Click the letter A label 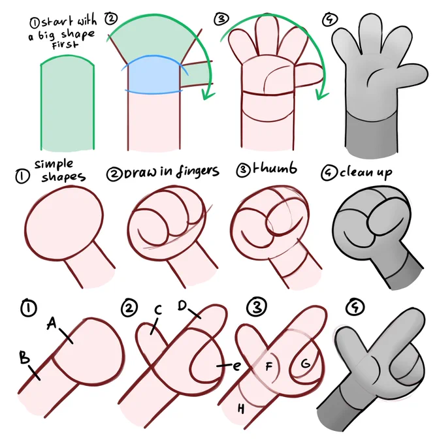52,323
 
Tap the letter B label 24,357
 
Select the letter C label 158,309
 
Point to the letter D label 182,306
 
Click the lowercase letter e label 236,366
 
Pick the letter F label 268,366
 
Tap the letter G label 306,363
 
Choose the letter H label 241,409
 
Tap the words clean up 366,172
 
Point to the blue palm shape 154,74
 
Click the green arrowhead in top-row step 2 208,95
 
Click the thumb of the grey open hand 412,74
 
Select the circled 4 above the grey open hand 330,20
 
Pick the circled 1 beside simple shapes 22,176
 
